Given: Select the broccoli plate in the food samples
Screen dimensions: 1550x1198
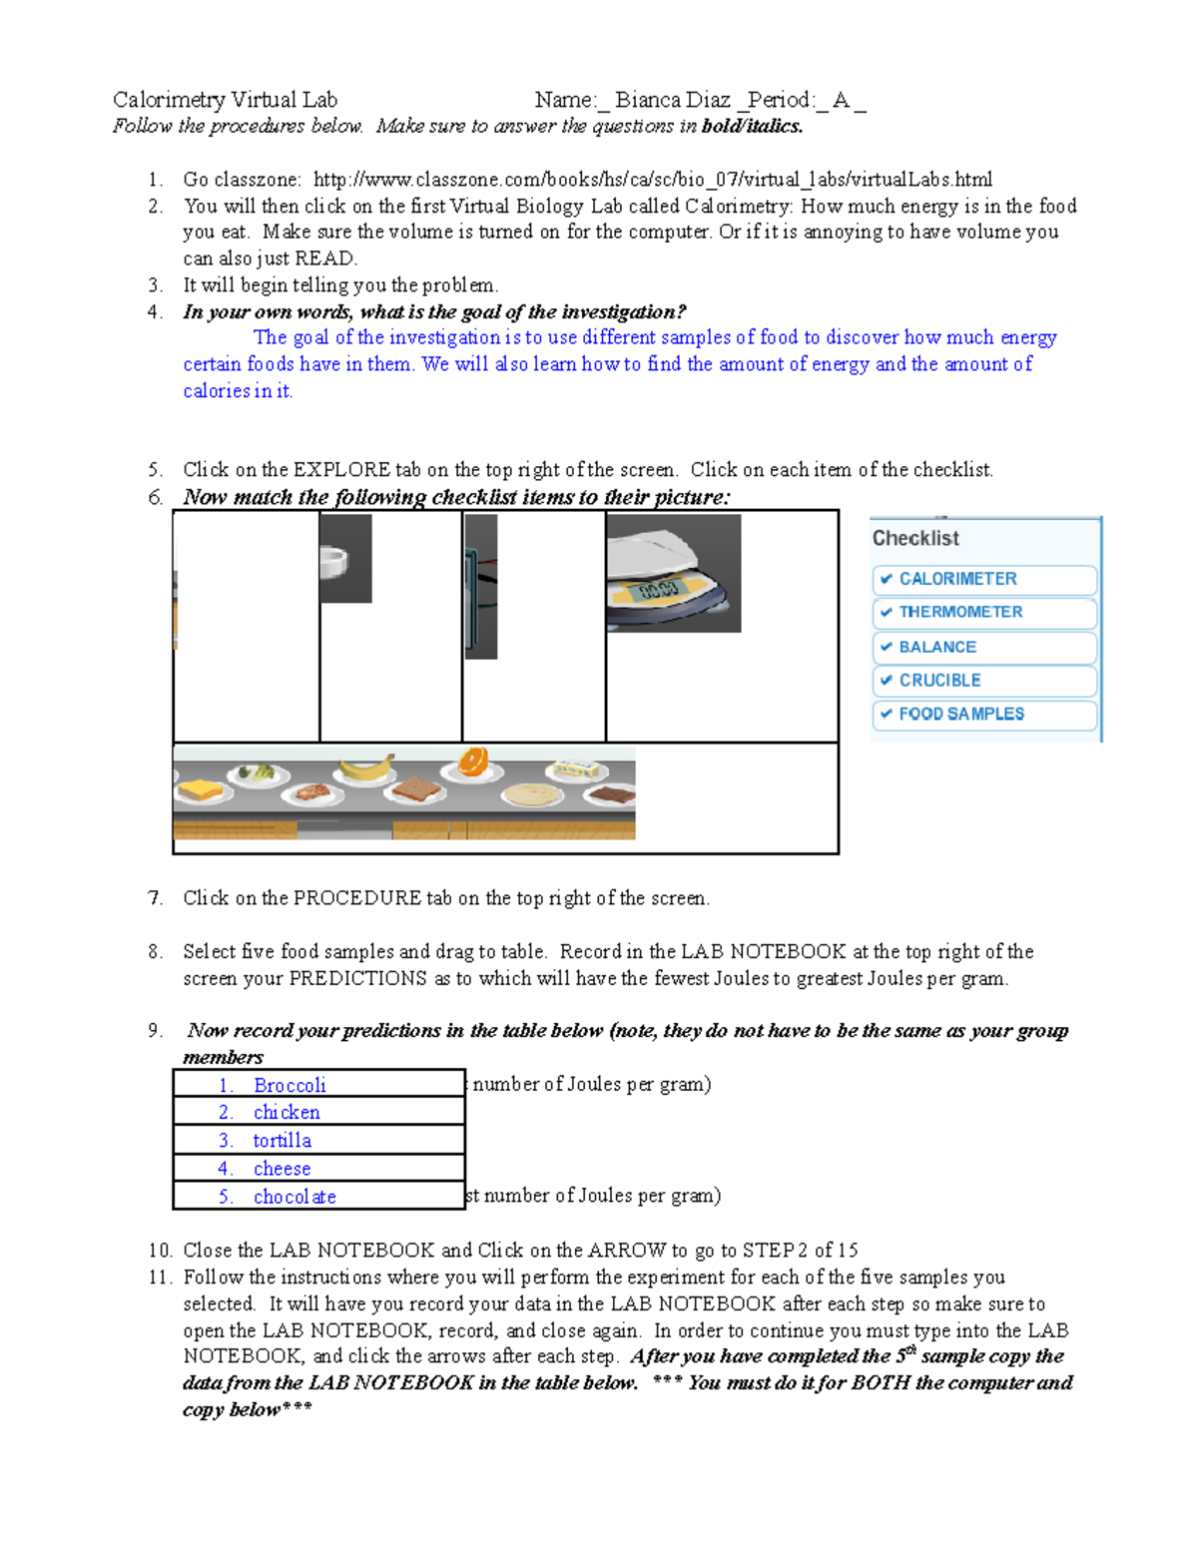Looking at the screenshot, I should coord(258,773).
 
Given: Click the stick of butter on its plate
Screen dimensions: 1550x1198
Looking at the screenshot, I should coord(575,770).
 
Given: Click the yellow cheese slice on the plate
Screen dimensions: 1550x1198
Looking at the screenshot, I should coord(202,790).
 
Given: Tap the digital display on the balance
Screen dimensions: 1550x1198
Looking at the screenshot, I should coord(659,589).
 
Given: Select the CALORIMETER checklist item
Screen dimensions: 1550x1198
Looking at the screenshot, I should coord(956,579).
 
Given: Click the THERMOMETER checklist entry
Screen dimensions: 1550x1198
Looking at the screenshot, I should coord(959,612).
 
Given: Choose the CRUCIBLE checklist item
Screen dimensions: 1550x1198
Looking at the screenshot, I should coord(939,681).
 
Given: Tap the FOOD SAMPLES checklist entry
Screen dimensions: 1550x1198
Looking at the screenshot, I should coord(960,715).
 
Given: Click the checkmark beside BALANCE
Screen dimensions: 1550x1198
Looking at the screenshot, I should coord(886,647).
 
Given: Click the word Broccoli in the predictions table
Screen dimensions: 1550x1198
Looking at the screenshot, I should coord(290,1085).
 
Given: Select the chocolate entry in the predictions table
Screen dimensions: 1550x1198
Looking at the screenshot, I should coord(295,1197).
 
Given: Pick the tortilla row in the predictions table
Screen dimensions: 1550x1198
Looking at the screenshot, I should coord(282,1141).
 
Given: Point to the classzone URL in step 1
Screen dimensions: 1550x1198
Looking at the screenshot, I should coord(653,180).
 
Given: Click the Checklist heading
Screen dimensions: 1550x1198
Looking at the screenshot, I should coord(915,538).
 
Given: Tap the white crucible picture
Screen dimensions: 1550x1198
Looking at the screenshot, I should coord(334,563).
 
